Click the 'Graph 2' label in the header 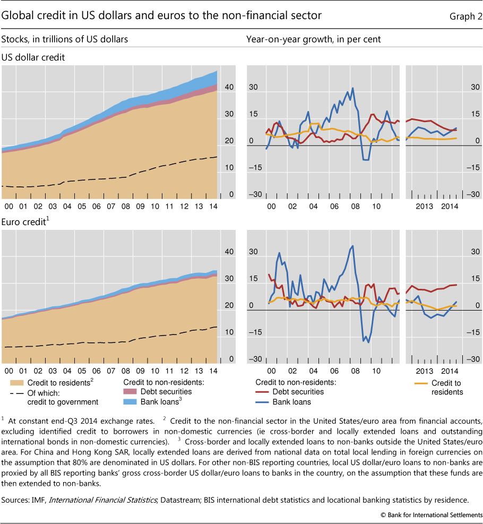coord(464,16)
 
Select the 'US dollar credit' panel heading coord(33,57)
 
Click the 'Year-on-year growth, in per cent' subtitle coord(313,39)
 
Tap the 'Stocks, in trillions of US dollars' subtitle coord(64,39)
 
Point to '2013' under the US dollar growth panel coord(424,206)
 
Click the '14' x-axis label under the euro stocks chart coord(212,370)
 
